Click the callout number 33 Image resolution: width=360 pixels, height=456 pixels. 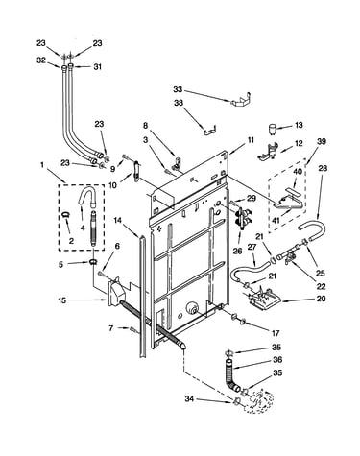[x=178, y=89]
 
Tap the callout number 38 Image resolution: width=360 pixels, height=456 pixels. [x=179, y=103]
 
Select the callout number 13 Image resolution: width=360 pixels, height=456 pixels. [x=299, y=125]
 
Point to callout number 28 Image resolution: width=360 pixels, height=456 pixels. [x=323, y=168]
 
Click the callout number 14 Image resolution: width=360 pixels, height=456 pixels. [x=118, y=220]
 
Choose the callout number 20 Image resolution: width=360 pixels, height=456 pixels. [x=321, y=299]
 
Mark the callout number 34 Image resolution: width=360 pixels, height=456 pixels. [x=190, y=398]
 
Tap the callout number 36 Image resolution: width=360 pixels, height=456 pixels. [x=277, y=360]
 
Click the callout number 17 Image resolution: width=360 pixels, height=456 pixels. [x=276, y=333]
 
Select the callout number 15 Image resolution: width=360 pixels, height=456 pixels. [x=62, y=300]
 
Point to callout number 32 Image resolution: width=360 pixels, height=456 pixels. [x=41, y=60]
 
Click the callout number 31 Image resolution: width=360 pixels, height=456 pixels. [x=97, y=66]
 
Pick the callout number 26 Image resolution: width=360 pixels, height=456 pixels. [x=237, y=251]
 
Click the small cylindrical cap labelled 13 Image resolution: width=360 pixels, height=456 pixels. [x=273, y=127]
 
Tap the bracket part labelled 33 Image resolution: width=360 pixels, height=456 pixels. [x=241, y=99]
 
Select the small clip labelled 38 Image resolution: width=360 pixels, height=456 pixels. [x=209, y=130]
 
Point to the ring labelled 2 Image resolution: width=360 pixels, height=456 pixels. [x=65, y=214]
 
